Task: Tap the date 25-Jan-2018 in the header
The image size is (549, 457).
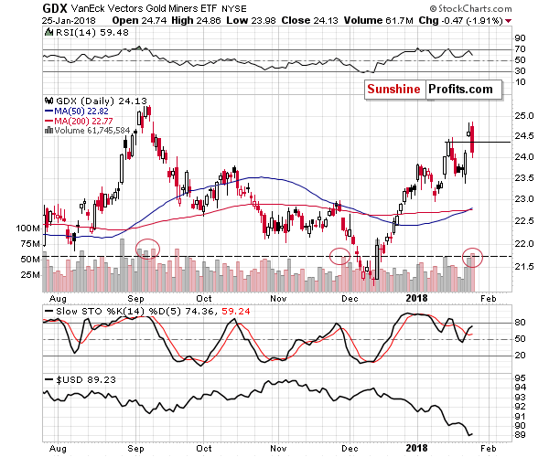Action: click(65, 23)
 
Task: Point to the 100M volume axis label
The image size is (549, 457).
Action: click(55, 228)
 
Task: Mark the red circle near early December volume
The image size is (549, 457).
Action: click(340, 257)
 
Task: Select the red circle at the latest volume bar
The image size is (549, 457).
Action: click(472, 257)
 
